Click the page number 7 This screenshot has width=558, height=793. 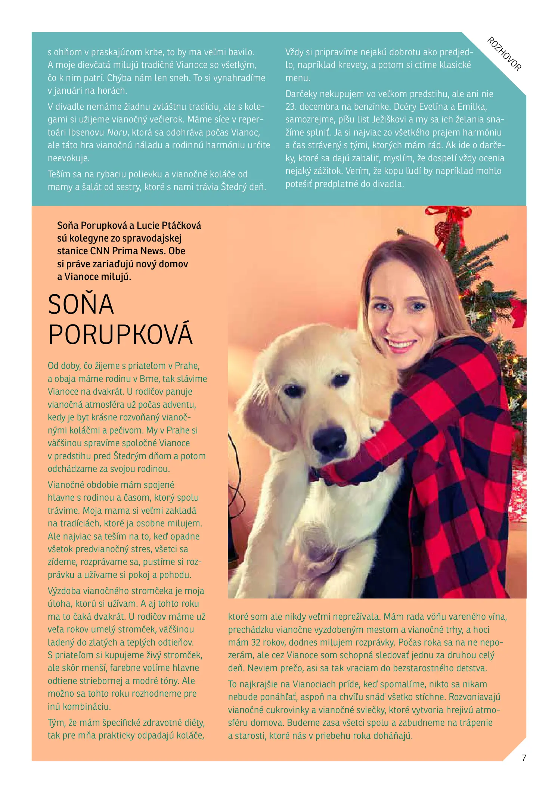point(524,758)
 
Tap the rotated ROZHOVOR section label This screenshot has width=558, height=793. point(504,54)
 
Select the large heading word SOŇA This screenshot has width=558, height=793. point(81,304)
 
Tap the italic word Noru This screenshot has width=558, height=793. point(117,133)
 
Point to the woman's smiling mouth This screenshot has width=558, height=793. point(401,344)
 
